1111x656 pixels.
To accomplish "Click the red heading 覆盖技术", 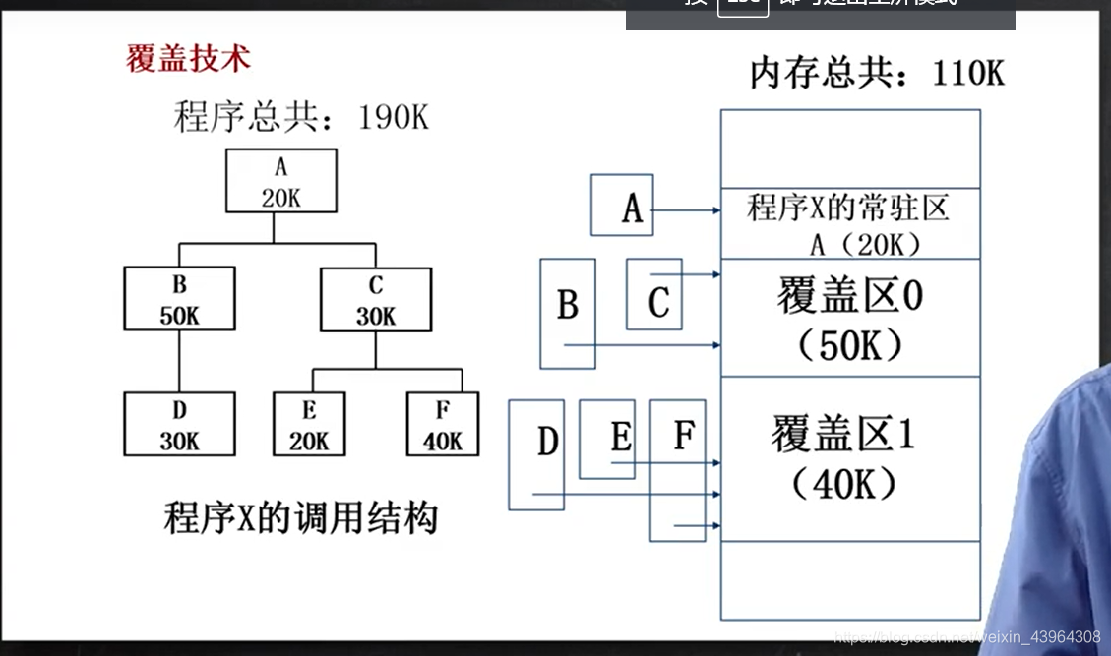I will pos(188,58).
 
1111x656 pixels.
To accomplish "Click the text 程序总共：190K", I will pos(301,117).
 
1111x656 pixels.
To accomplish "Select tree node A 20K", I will pos(280,181).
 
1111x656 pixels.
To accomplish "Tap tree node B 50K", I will pos(179,299).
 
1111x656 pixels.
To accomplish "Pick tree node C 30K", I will pos(375,299).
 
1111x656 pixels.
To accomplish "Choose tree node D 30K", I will pos(179,424).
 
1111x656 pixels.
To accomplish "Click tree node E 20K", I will pos(309,424).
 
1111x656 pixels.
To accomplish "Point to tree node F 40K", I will pos(442,424).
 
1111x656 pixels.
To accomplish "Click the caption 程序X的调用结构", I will pos(300,516).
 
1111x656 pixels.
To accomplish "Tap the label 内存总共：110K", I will pos(877,73).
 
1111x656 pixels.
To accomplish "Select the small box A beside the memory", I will pos(622,206).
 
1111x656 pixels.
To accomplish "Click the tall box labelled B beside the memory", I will pos(568,313).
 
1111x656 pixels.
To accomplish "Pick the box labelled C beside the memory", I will pos(654,294).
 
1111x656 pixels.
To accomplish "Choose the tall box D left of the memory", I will pos(536,454).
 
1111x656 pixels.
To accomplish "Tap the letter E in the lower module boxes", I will pos(620,437).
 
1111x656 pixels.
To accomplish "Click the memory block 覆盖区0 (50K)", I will pos(850,317).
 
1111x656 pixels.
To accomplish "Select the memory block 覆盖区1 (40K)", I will pos(850,457).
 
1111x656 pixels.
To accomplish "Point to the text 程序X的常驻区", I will pos(848,208).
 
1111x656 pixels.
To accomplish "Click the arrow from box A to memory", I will pos(686,210).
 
